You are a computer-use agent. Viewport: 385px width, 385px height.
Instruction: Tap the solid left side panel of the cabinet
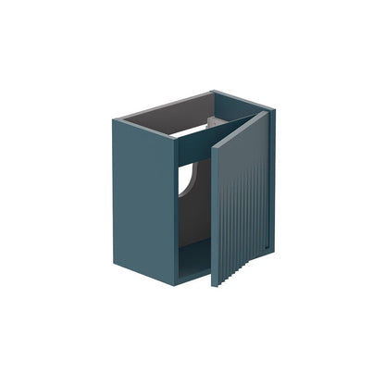pos(143,199)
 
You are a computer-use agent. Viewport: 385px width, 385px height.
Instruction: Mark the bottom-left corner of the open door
pos(214,285)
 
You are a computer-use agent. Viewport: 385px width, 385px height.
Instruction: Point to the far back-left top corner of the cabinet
pos(115,119)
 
